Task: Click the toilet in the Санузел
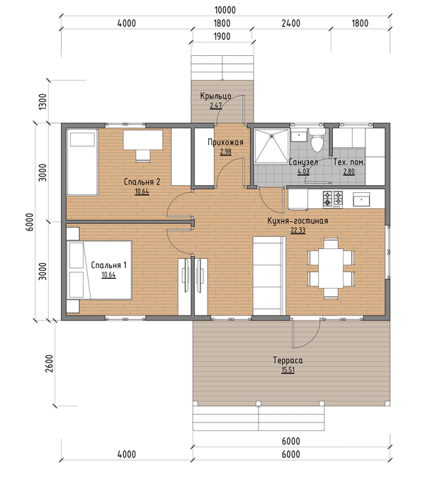(317, 140)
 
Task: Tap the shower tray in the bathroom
(271, 145)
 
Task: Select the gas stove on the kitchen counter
(333, 199)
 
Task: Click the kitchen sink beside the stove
(361, 199)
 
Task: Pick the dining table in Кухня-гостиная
(331, 268)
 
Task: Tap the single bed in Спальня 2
(83, 162)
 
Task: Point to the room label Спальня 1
(108, 265)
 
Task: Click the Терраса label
(288, 360)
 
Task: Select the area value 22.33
(298, 230)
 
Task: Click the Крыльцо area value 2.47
(216, 106)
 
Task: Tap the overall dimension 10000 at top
(225, 10)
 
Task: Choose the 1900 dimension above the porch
(222, 36)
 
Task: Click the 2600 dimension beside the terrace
(50, 363)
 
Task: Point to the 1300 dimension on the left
(42, 101)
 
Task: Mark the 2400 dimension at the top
(291, 23)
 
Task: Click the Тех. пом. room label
(349, 162)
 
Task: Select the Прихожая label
(225, 143)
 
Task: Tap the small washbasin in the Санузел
(299, 135)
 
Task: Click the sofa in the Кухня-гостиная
(269, 276)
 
